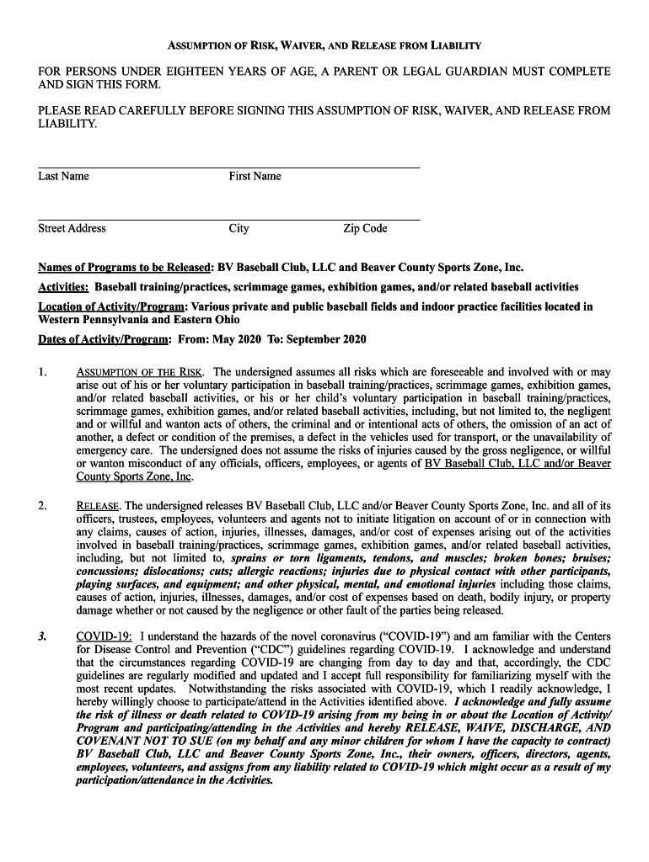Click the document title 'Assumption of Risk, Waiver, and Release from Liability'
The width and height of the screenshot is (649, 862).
pos(324,45)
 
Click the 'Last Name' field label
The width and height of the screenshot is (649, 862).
pos(63,176)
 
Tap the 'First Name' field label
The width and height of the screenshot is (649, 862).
pos(255,176)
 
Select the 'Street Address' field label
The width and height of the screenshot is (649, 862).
pos(72,228)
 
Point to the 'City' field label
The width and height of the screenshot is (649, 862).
pos(239,228)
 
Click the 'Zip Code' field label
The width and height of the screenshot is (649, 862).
pos(365,228)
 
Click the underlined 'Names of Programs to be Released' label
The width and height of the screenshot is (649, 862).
pos(123,269)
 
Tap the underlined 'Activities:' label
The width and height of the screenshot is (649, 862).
pos(63,287)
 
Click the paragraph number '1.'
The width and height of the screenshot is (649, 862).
pos(43,371)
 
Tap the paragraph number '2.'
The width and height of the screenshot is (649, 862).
pos(43,506)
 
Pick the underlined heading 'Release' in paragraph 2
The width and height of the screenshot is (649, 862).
pos(99,506)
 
